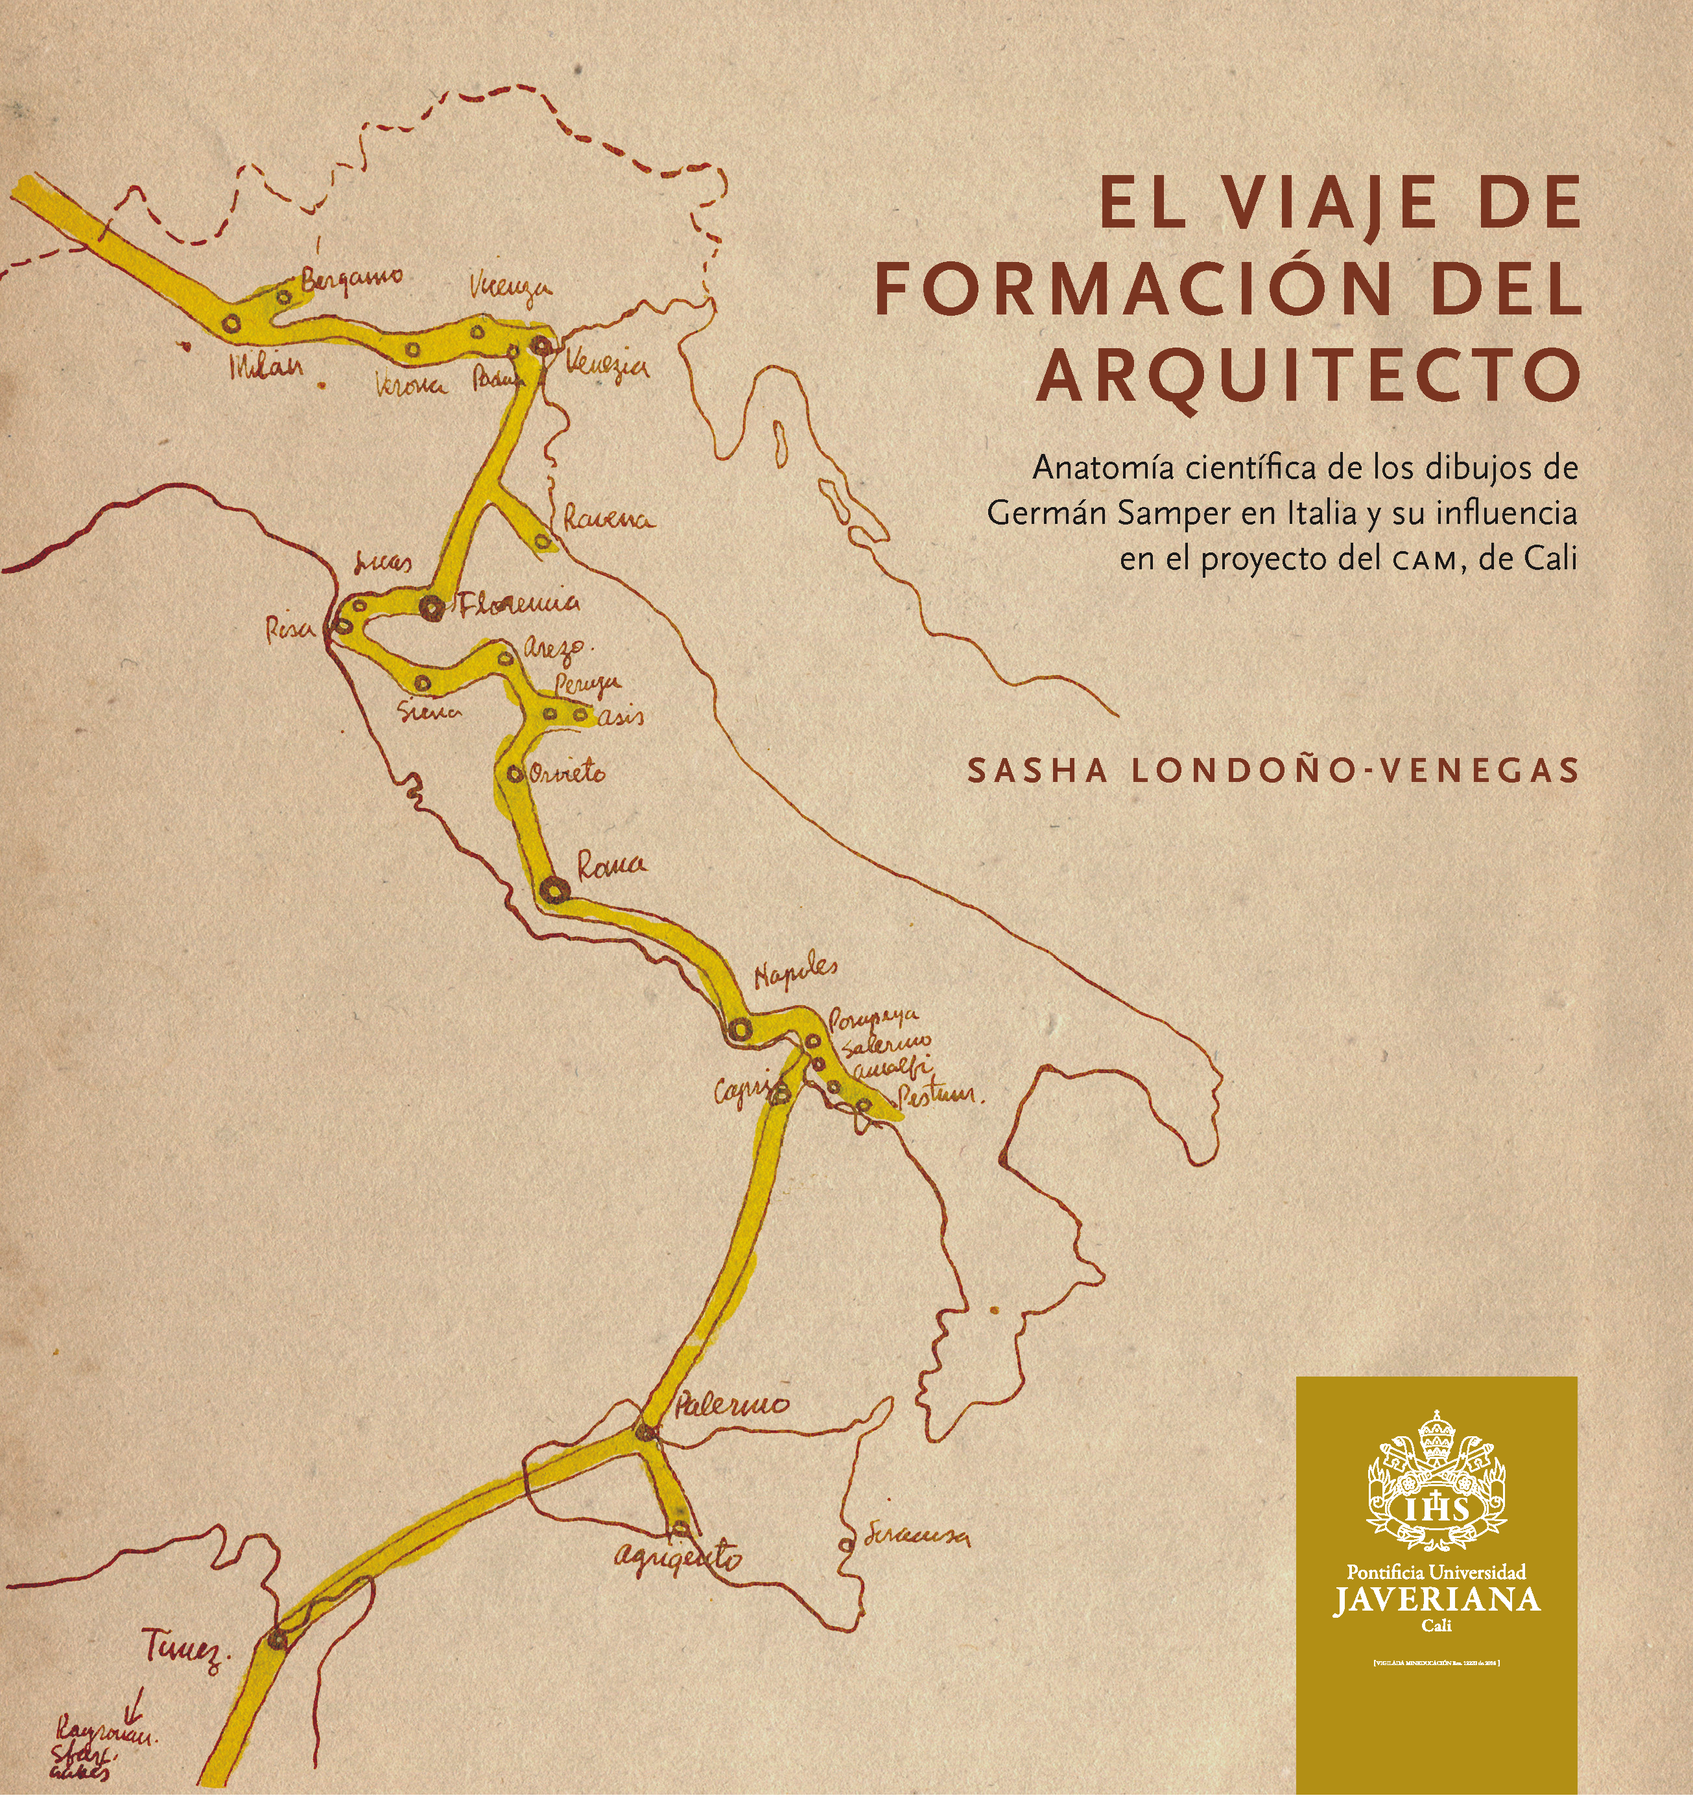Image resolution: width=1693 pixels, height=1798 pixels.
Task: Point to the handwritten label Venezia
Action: coord(607,366)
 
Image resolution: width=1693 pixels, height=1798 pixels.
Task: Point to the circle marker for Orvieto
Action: coord(514,774)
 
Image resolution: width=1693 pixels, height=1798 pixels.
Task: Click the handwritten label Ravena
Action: coord(608,520)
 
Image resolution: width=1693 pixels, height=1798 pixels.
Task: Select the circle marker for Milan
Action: coord(231,323)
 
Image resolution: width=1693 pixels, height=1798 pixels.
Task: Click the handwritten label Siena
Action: coord(431,712)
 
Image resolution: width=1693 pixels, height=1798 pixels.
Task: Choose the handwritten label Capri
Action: coord(740,1093)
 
